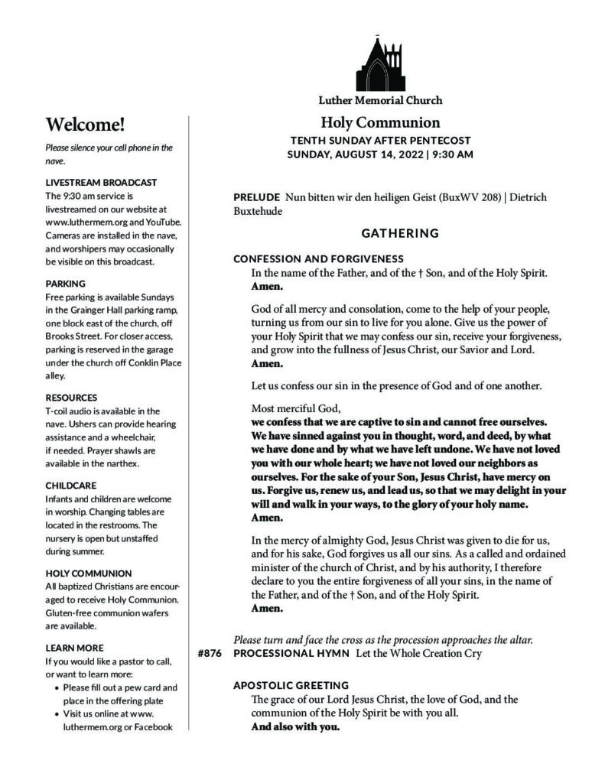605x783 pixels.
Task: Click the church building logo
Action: point(379,63)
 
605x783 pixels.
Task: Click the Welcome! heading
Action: point(85,125)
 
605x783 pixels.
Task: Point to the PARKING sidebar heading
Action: point(66,283)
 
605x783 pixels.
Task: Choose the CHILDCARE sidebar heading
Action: point(72,485)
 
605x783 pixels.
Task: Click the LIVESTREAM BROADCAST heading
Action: point(101,183)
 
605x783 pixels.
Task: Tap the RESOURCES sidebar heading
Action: point(71,398)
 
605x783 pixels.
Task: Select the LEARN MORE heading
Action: point(74,648)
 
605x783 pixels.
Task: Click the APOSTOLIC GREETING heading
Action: point(291,685)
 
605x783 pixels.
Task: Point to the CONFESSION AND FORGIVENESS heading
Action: point(318,258)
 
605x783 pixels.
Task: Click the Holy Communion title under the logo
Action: point(380,122)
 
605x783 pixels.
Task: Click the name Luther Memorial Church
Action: point(380,100)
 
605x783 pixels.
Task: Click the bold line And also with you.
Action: point(296,726)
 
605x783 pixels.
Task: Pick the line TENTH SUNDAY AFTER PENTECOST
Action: point(380,141)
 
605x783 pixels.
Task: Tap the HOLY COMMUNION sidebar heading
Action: point(89,573)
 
